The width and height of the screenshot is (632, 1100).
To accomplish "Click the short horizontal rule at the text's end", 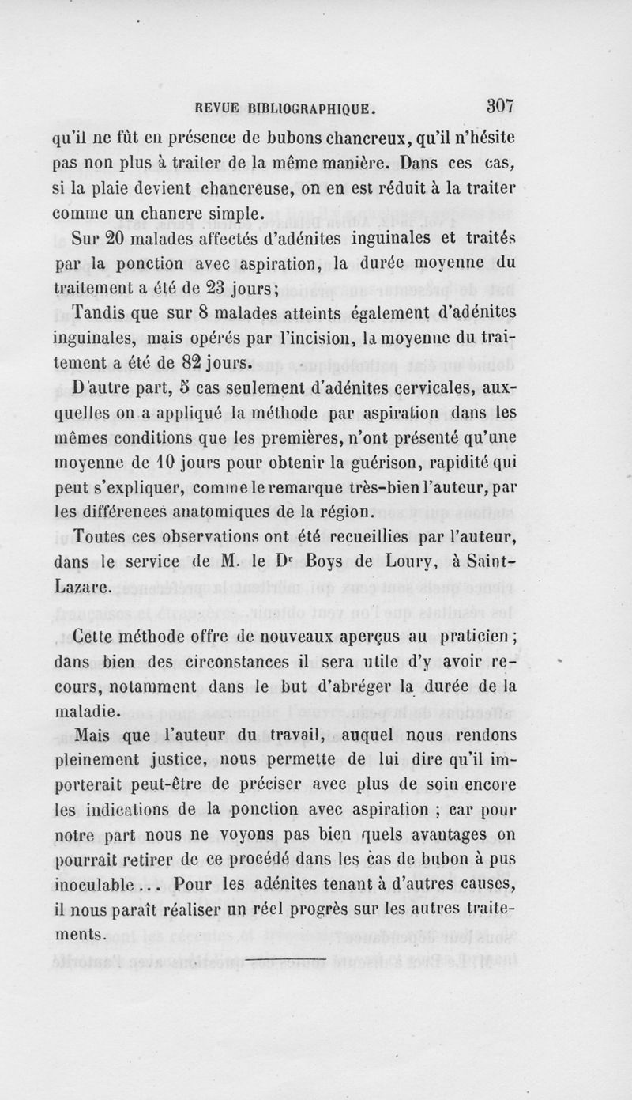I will [x=286, y=960].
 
